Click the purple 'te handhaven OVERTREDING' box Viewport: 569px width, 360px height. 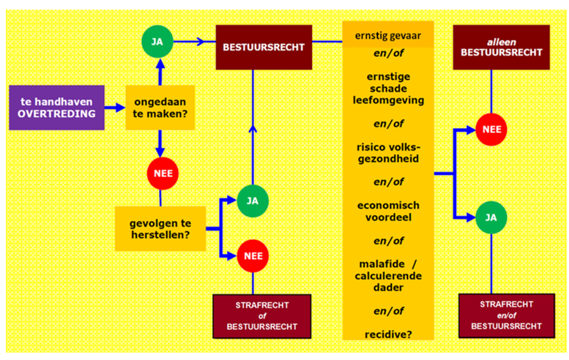pos(56,107)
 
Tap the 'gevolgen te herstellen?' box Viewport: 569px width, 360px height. pos(160,228)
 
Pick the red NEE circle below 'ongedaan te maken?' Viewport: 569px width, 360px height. pos(159,173)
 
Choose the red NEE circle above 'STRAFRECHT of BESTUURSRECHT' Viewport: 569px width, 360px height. pos(252,255)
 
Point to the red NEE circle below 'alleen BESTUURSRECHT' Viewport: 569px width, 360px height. pos(491,130)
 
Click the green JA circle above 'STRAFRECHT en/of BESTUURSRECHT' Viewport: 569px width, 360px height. pos(491,217)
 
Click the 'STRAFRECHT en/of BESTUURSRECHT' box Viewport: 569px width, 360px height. pos(500,315)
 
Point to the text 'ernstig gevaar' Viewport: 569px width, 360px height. pos(388,34)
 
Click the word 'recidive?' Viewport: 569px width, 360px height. pos(388,334)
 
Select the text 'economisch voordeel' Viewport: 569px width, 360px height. pos(388,211)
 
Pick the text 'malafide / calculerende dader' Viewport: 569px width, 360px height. pos(388,277)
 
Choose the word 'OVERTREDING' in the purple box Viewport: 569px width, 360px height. pos(56,115)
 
